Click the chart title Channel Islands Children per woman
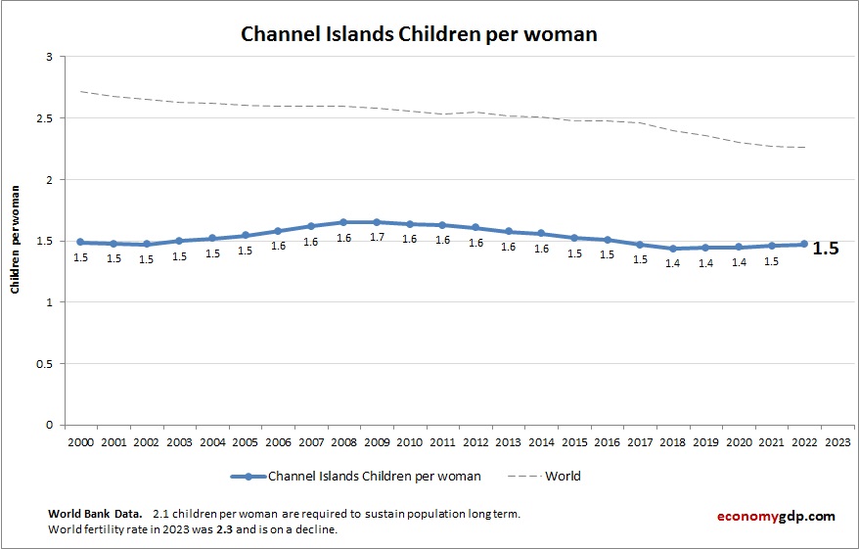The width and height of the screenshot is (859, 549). click(419, 34)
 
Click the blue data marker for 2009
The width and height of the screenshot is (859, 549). click(377, 222)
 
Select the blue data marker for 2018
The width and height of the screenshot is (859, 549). click(673, 249)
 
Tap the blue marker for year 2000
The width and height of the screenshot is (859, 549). click(80, 242)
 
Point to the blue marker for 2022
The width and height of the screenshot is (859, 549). click(804, 245)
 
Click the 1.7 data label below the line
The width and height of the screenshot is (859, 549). click(377, 238)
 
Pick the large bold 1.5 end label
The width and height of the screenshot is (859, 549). click(826, 249)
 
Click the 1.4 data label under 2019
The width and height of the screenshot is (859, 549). click(705, 263)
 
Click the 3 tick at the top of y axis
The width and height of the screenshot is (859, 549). click(48, 57)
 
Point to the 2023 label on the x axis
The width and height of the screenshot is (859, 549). click(837, 441)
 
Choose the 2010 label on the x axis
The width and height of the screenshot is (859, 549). click(409, 441)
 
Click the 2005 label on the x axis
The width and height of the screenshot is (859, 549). click(245, 441)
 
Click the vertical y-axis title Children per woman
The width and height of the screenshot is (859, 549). click(16, 241)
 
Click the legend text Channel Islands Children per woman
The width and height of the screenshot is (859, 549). click(375, 477)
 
